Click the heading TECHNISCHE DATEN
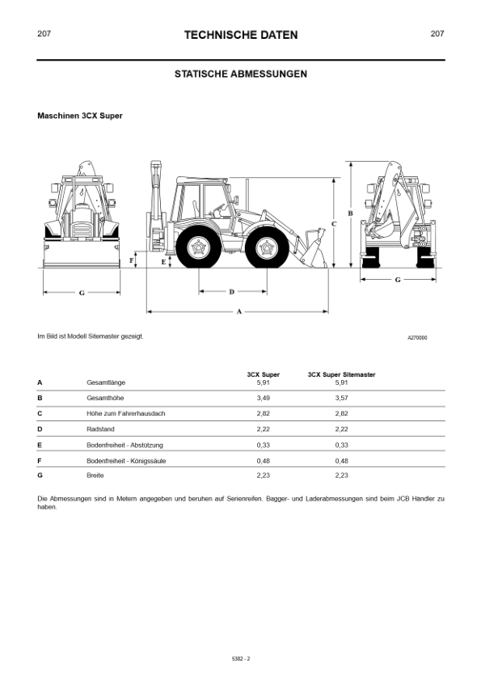pyautogui.click(x=241, y=35)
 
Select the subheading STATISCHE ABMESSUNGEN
pyautogui.click(x=241, y=74)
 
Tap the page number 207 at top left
pyautogui.click(x=44, y=33)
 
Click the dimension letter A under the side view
pyautogui.click(x=239, y=311)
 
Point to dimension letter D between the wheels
pyautogui.click(x=232, y=292)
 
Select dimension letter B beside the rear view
pyautogui.click(x=351, y=213)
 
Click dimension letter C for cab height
pyautogui.click(x=334, y=224)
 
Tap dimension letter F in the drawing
pyautogui.click(x=132, y=260)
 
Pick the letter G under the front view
pyautogui.click(x=82, y=294)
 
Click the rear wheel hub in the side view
pyautogui.click(x=199, y=247)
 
